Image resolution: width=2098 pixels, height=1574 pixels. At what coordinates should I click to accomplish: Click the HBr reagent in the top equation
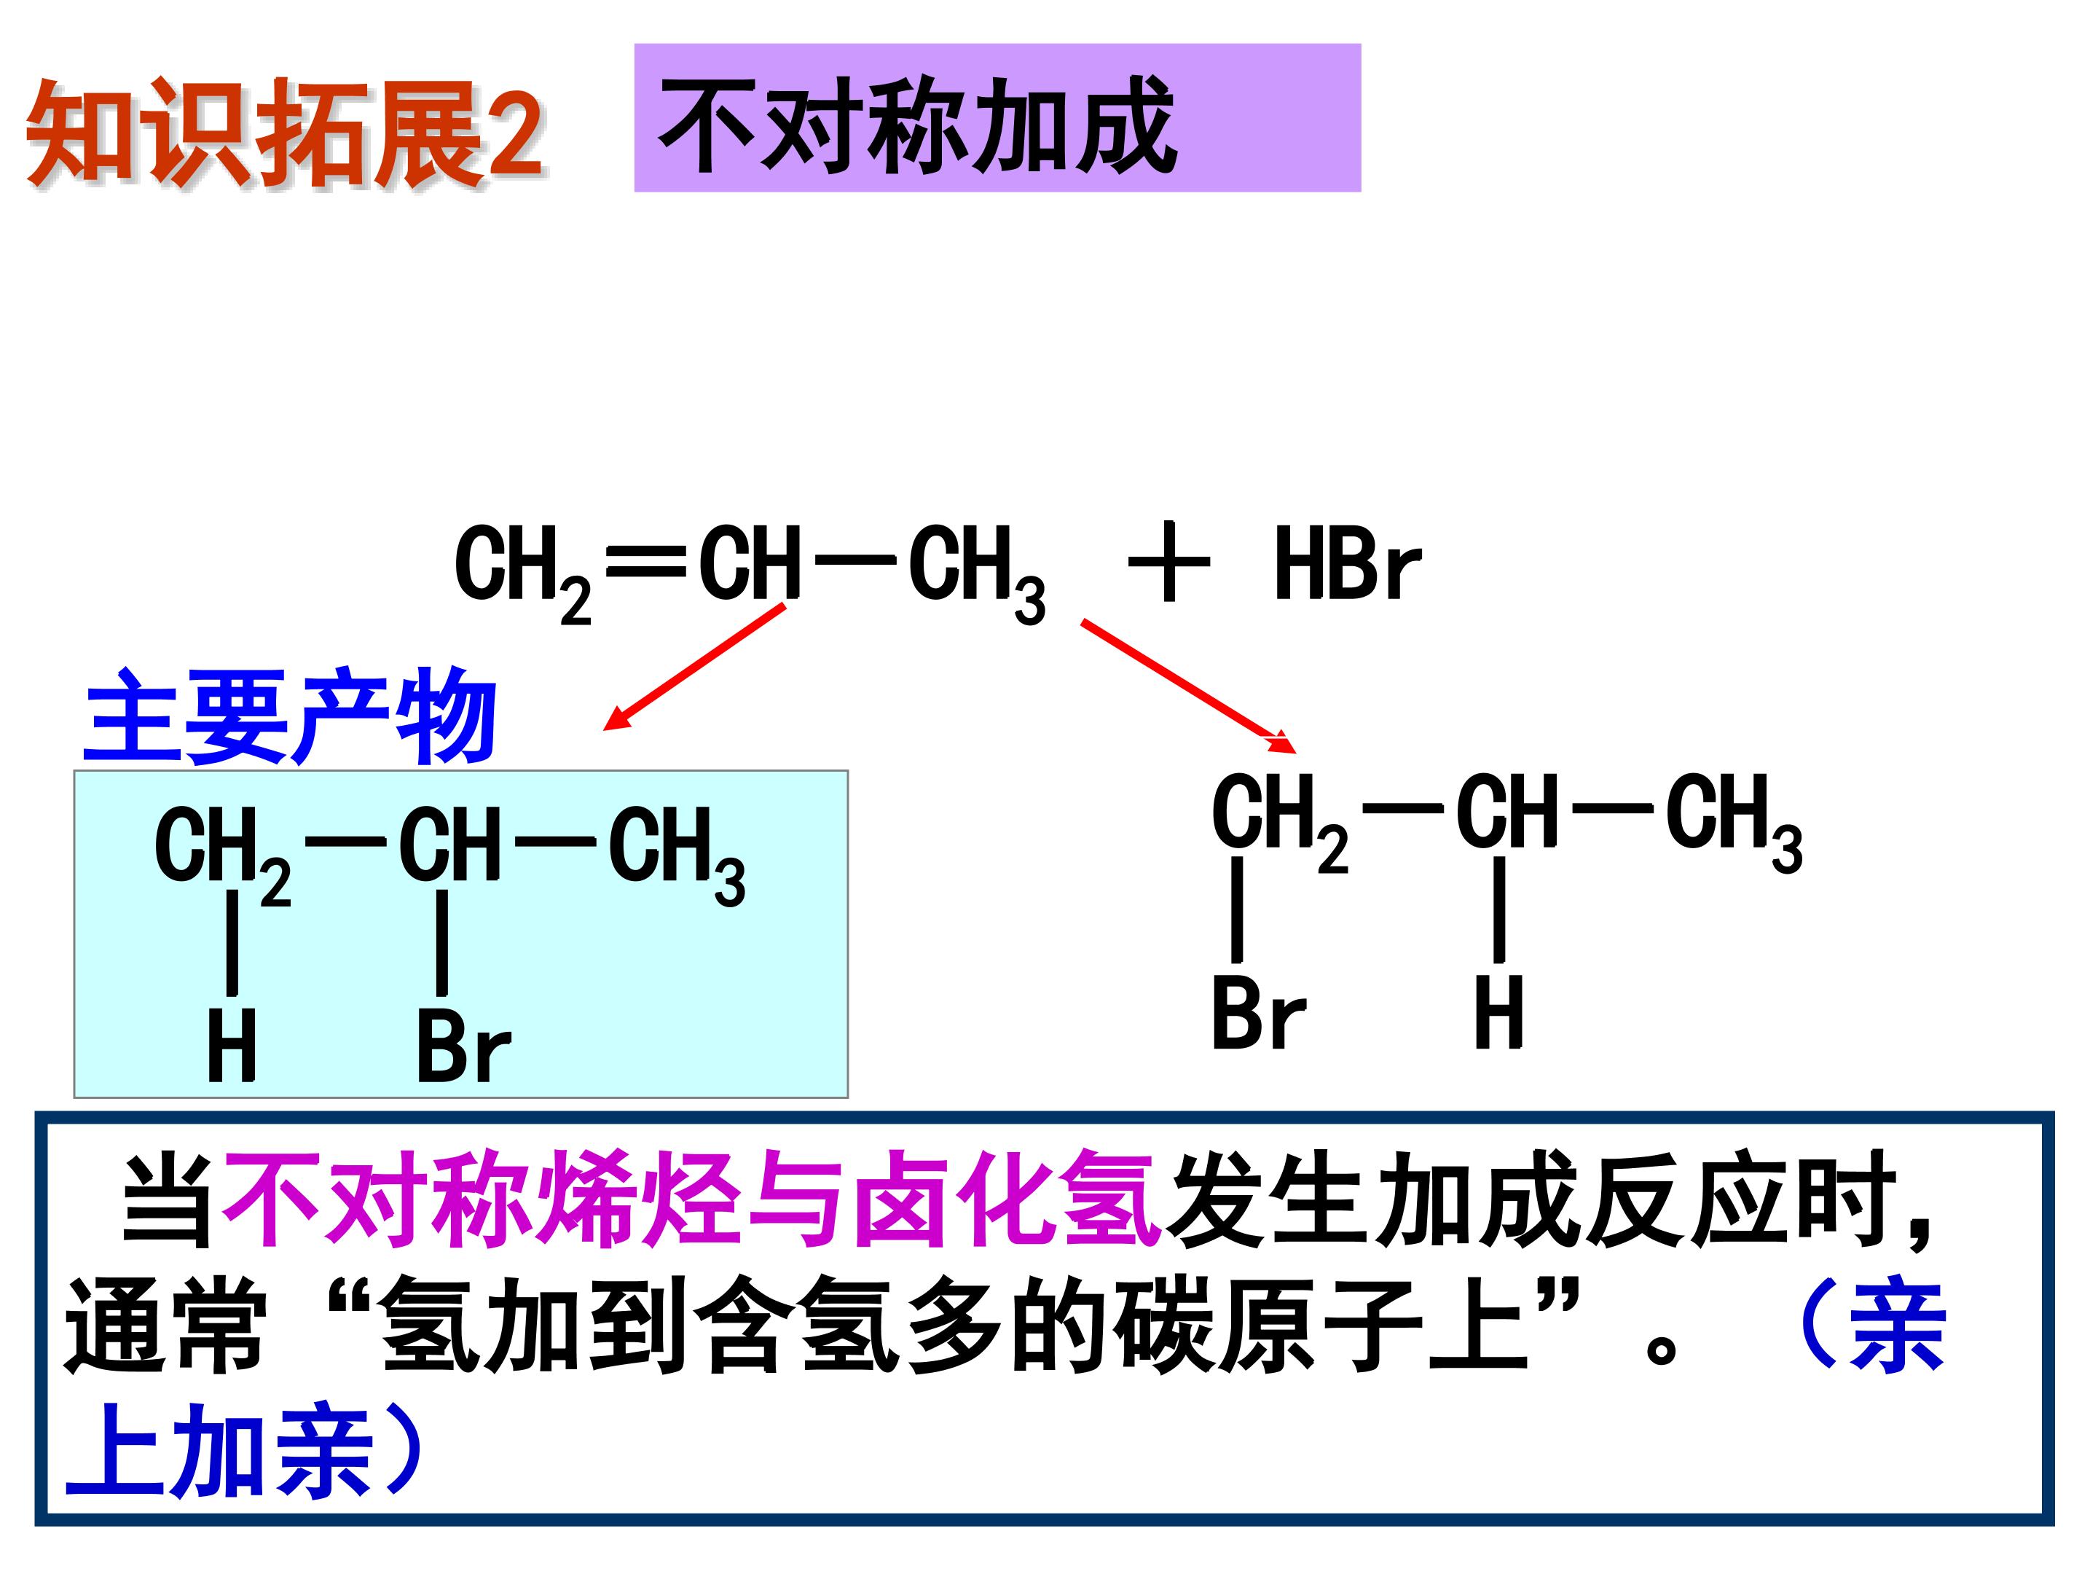pos(1347,565)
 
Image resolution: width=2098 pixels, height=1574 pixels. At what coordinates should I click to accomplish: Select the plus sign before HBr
pos(1168,562)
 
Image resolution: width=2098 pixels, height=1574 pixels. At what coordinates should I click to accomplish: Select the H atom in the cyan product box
pos(232,1046)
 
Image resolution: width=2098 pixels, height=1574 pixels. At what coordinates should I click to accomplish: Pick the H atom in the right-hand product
pos(1498,1011)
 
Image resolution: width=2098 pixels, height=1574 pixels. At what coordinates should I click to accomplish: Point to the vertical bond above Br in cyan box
pos(442,942)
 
